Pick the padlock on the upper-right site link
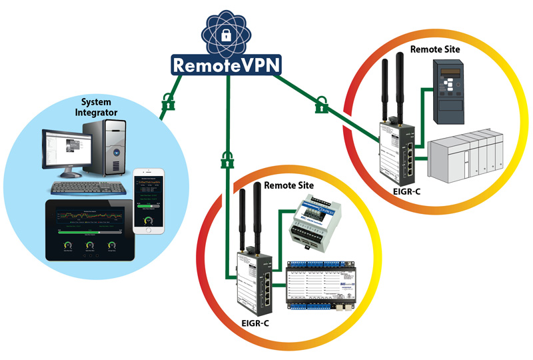click(x=322, y=105)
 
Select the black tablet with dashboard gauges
click(x=87, y=230)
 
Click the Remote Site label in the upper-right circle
click(x=436, y=49)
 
